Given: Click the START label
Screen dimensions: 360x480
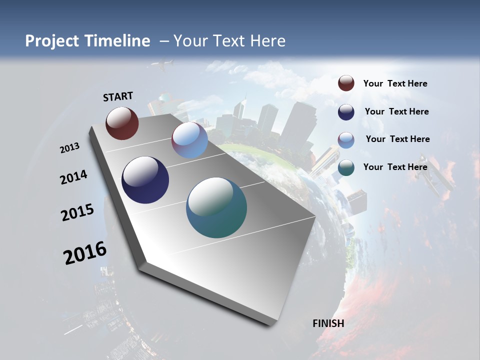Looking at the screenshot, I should pos(118,96).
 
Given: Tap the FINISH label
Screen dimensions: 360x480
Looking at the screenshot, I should pos(328,323).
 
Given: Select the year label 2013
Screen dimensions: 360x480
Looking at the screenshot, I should pos(69,148).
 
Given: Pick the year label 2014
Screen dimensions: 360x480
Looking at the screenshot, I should pos(73,177).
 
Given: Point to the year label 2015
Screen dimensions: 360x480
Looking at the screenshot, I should pos(77,212).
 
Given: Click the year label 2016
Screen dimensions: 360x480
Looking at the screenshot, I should pos(85,252).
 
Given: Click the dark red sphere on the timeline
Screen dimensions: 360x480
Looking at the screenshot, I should pos(122,123).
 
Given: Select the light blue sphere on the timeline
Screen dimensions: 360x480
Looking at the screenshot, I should pos(189,140).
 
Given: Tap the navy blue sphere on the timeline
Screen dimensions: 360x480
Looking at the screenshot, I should pos(145,180).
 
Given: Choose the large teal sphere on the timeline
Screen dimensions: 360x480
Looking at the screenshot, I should pos(216,207).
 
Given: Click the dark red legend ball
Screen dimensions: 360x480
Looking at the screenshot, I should pos(346,83).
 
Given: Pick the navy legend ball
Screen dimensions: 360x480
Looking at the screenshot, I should pos(346,111).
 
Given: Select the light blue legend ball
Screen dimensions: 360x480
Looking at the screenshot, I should pos(346,139).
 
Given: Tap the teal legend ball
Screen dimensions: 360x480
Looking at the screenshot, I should pos(346,167).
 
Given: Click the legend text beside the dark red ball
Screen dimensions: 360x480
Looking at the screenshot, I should pos(395,83).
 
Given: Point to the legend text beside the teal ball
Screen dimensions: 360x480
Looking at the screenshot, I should pos(395,167).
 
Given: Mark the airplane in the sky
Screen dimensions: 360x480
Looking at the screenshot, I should pos(163,64).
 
